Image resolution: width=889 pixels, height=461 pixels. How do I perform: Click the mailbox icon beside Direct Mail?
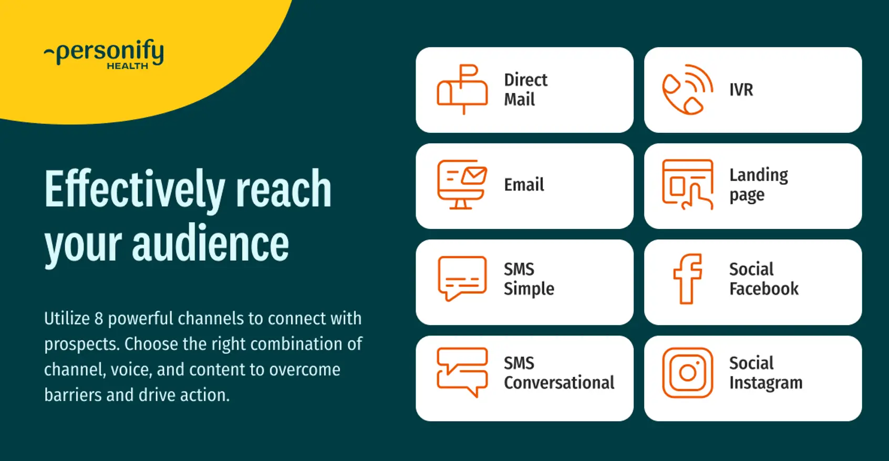(462, 89)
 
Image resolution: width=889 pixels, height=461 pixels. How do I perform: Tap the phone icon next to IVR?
(687, 89)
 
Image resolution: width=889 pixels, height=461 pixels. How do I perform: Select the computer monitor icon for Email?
(462, 184)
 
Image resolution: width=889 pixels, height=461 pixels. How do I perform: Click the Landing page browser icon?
(687, 184)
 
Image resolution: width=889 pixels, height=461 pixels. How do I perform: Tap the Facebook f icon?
(687, 279)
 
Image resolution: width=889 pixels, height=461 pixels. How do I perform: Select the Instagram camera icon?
(687, 373)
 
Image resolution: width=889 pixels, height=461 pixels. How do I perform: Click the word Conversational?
(559, 383)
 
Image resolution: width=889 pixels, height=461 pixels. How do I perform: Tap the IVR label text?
(741, 90)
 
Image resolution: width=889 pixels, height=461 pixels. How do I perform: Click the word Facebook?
(763, 289)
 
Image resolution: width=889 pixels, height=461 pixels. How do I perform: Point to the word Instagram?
(766, 383)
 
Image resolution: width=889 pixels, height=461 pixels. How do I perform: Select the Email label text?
(524, 185)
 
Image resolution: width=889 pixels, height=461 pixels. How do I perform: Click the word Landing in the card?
(758, 175)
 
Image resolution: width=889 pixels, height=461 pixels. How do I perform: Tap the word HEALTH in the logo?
(127, 66)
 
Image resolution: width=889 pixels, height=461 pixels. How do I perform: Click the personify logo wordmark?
(109, 51)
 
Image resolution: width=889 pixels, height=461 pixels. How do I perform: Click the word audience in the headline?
(210, 245)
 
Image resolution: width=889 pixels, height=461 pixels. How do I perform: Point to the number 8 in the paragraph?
(99, 319)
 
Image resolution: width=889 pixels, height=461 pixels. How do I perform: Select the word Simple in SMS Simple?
(529, 289)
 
